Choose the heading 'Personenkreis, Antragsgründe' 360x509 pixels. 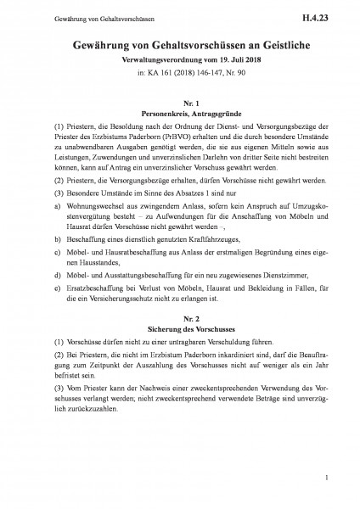[180, 112]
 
